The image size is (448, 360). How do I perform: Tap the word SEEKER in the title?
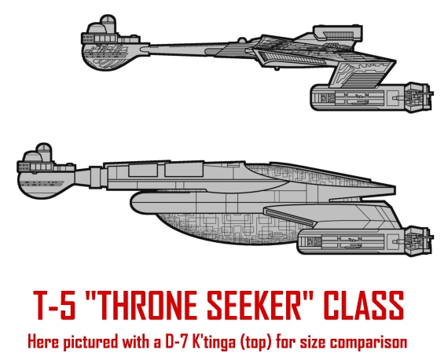point(255,305)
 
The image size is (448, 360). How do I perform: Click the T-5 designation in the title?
point(55,305)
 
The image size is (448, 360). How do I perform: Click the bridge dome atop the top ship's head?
point(108,24)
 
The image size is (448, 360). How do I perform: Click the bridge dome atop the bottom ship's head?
point(44,152)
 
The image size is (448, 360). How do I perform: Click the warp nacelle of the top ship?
point(372,97)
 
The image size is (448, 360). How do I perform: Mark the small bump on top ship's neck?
point(241,40)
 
